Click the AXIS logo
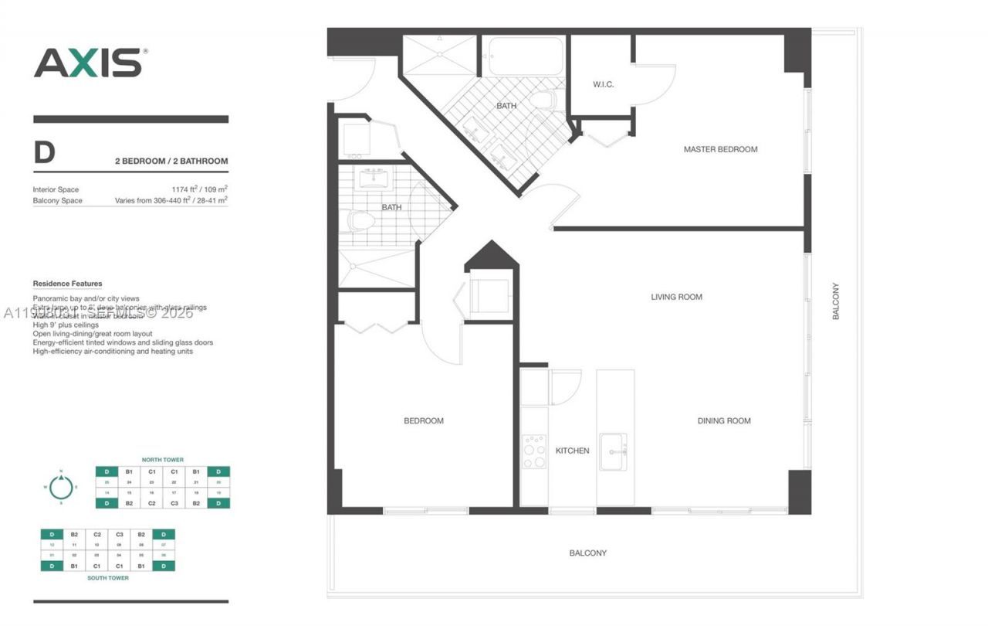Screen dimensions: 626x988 pyautogui.click(x=89, y=63)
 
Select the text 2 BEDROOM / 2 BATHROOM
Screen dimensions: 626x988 pyautogui.click(x=171, y=162)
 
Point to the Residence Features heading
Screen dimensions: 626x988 pyautogui.click(x=67, y=284)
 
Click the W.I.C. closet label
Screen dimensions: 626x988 pyautogui.click(x=603, y=84)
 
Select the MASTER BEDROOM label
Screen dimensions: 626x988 pyautogui.click(x=720, y=149)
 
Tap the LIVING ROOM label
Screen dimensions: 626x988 pyautogui.click(x=676, y=297)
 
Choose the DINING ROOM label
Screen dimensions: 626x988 pyautogui.click(x=723, y=421)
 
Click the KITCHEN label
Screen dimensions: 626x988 pyautogui.click(x=572, y=451)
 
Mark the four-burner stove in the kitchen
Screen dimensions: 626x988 pyautogui.click(x=533, y=451)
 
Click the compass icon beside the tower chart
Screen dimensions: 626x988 pyautogui.click(x=59, y=487)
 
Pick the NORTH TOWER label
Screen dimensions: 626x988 pyautogui.click(x=162, y=460)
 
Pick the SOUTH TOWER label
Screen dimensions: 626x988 pyautogui.click(x=107, y=577)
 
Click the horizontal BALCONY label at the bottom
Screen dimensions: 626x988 pyautogui.click(x=587, y=553)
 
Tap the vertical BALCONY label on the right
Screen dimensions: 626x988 pyautogui.click(x=835, y=301)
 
